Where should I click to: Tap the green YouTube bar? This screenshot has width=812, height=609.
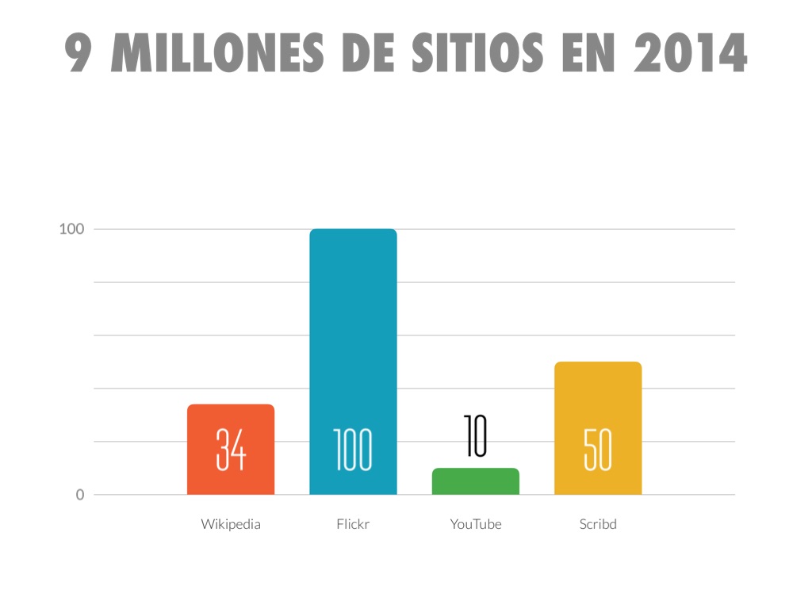[475, 481]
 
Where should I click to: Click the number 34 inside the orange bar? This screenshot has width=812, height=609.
[231, 450]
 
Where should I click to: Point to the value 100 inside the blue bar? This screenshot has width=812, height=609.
[353, 450]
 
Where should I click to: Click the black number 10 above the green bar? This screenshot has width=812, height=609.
[476, 437]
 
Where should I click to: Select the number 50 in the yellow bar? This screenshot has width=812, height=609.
[598, 450]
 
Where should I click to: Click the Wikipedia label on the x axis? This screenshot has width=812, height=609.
[231, 524]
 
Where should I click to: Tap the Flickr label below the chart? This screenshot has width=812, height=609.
[353, 524]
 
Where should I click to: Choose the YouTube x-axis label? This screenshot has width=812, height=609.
[476, 524]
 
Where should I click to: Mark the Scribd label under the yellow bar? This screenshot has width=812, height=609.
[598, 524]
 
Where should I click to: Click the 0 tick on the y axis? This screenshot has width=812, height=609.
[79, 495]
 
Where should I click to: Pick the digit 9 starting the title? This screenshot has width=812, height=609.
[79, 53]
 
